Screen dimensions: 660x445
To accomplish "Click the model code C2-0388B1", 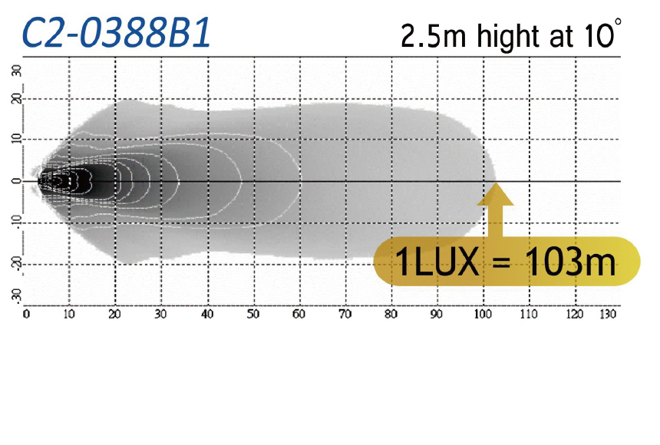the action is click(x=116, y=32).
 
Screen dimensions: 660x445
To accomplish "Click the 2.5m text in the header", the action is click(x=434, y=36).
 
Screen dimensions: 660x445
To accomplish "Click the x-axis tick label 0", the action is click(x=26, y=314).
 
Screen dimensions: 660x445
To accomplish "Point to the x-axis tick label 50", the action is click(x=253, y=314).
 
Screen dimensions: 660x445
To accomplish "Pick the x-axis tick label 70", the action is click(x=345, y=314).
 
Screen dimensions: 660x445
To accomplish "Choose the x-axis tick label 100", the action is click(x=483, y=314).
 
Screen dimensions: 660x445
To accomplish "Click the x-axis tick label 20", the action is click(x=114, y=314).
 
